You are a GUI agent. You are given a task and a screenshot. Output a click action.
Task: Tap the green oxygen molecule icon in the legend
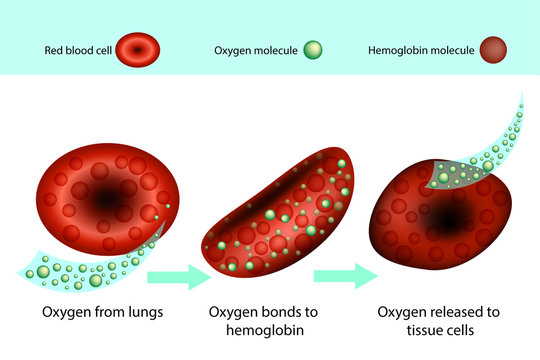pyautogui.click(x=315, y=48)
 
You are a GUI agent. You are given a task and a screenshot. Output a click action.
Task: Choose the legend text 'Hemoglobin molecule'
pyautogui.click(x=419, y=48)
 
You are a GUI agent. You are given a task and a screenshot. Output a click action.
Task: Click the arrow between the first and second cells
pyautogui.click(x=179, y=277)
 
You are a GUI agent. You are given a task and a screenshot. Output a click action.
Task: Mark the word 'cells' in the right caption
pyautogui.click(x=467, y=331)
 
